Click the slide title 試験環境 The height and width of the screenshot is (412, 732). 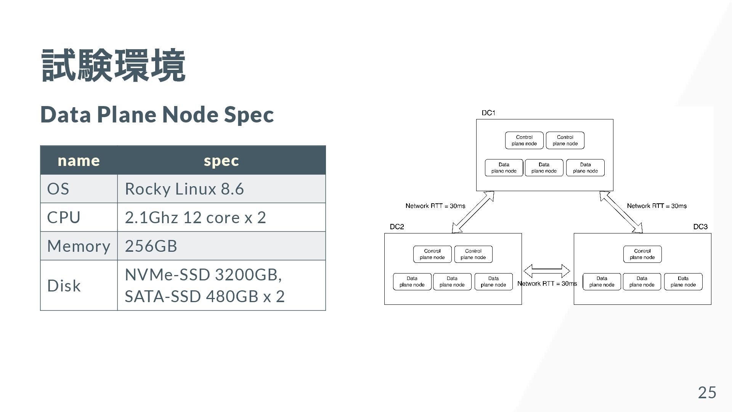point(113,66)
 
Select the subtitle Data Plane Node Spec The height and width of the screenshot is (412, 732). point(157,114)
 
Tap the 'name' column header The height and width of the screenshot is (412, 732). point(79,161)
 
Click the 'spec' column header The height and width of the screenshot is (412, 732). point(221,161)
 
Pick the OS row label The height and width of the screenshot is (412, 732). point(58,189)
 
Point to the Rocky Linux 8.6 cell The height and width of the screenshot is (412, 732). point(184,189)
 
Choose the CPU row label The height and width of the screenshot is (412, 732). point(64,217)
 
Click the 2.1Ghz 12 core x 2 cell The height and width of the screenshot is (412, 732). point(195,217)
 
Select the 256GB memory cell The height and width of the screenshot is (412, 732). point(151,246)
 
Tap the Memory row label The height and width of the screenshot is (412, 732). point(79,246)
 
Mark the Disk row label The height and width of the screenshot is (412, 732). point(64,286)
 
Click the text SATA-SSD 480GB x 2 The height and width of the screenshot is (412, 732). point(205,296)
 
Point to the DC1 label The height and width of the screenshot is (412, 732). point(488,113)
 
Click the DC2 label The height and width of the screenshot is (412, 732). point(397,227)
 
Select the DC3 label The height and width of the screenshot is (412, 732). point(700,227)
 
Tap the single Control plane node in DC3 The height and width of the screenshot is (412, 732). point(642,254)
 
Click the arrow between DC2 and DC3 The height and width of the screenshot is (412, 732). point(547,271)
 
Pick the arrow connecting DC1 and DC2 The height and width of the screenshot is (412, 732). point(473,212)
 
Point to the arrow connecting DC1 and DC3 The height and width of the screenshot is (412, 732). point(621,212)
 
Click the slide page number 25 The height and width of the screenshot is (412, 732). point(707,393)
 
